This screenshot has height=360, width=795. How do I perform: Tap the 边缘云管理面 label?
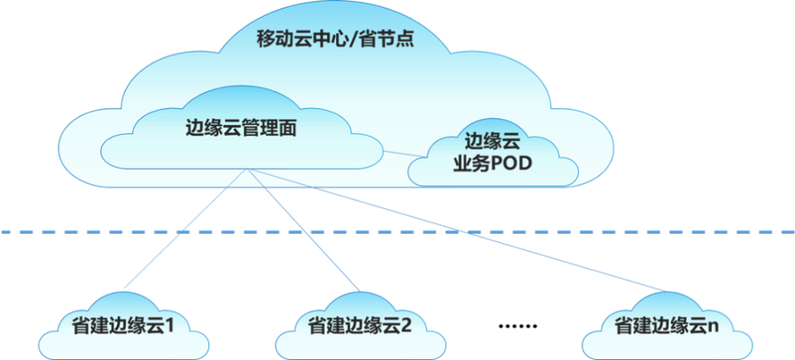(241, 128)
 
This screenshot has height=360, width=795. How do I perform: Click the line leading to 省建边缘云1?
(185, 228)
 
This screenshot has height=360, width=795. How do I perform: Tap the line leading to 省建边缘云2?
(304, 228)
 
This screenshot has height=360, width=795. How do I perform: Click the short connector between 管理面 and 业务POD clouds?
(402, 154)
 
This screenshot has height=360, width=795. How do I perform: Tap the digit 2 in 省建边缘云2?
(406, 325)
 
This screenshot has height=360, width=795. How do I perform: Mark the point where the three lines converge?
(247, 168)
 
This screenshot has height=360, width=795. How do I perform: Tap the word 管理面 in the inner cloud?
(269, 128)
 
